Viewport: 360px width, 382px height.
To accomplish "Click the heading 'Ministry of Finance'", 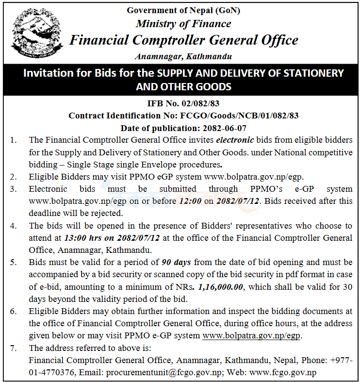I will (x=183, y=23).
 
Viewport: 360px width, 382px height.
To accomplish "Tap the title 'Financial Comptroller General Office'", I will (x=183, y=40).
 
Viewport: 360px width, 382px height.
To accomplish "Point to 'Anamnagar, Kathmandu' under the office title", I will (x=183, y=56).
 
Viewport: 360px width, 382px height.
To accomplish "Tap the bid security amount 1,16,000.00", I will (x=220, y=287).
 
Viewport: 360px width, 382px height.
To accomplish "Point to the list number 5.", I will (x=14, y=263).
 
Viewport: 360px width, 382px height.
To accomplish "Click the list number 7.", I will (x=14, y=348).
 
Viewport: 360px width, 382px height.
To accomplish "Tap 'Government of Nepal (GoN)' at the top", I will (x=183, y=10).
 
